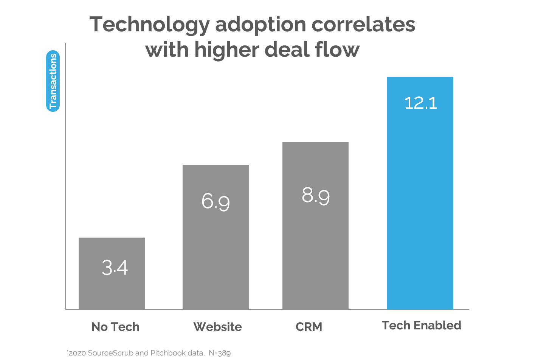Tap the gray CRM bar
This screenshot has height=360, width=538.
click(x=315, y=246)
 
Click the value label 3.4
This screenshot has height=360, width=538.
click(x=115, y=267)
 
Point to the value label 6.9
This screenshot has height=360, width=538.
click(x=216, y=201)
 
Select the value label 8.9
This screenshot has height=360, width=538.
click(x=316, y=196)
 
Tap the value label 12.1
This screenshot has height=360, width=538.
click(x=420, y=103)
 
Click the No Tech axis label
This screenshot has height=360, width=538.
click(x=115, y=327)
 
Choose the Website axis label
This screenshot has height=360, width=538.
click(x=217, y=327)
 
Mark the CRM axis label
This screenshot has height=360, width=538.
click(x=309, y=327)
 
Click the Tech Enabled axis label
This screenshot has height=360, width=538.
click(x=421, y=325)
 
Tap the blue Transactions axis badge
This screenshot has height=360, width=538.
click(x=53, y=81)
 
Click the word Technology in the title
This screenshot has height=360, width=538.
click(x=149, y=25)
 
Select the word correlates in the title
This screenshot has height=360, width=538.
click(x=363, y=25)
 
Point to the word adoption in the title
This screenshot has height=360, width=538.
click(x=260, y=25)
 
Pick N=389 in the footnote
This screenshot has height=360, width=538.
click(x=220, y=353)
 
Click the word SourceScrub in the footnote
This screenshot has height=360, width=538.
click(x=110, y=353)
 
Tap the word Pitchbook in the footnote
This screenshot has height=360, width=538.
click(x=168, y=353)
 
